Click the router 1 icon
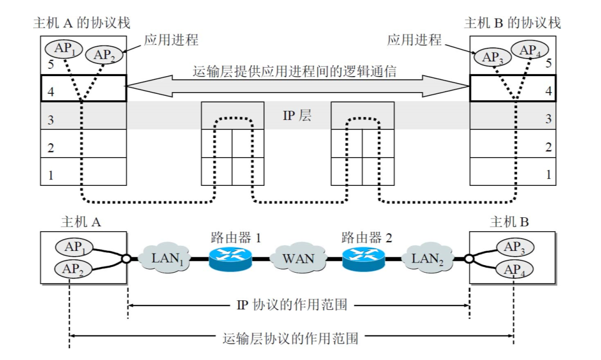231,259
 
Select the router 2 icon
362,259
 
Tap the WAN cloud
297,259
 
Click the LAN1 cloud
165,259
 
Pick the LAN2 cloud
428,259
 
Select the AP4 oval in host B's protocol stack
530,50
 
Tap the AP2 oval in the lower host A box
74,269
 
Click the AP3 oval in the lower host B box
515,247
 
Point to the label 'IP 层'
297,116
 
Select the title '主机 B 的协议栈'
512,23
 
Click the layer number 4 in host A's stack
51,92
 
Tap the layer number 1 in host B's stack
548,174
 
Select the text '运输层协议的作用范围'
290,338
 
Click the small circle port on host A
126,259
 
